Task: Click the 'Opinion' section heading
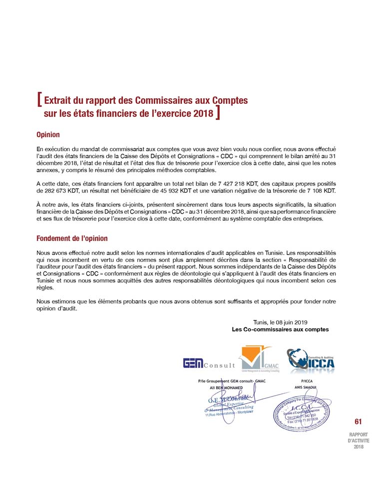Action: coord(48,135)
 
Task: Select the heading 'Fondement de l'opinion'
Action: coord(72,239)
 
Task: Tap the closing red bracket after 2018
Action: coord(219,113)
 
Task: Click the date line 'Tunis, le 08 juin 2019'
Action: coord(281,322)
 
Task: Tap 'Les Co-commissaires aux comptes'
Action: coord(280,329)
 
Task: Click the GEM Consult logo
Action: coord(209,364)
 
